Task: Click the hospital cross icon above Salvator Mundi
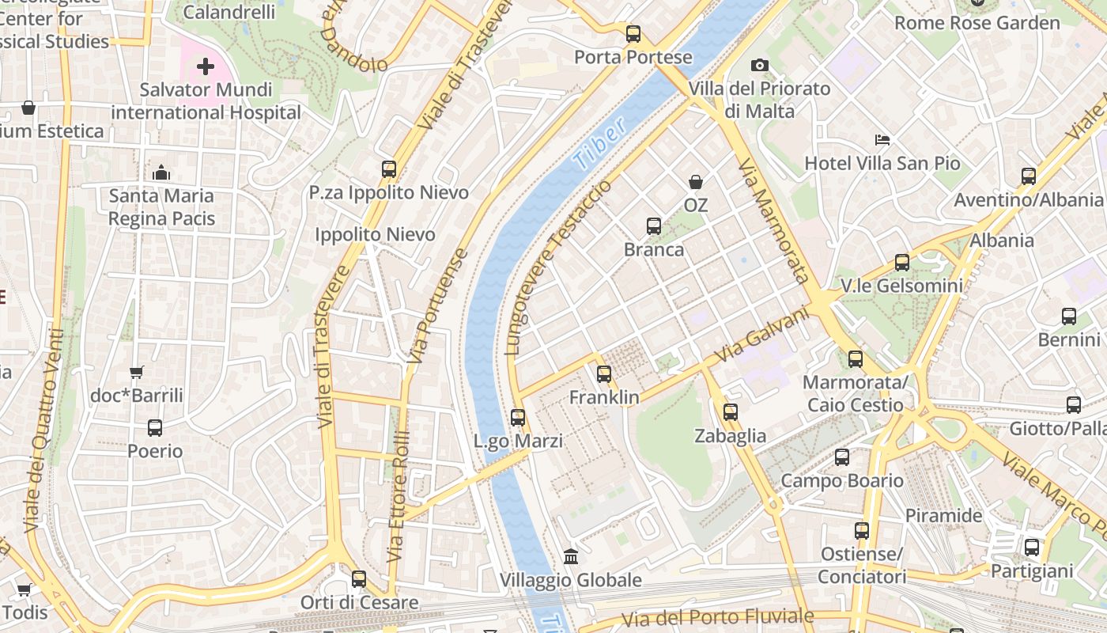tap(206, 66)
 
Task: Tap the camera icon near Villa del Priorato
tap(760, 65)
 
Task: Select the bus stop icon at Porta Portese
tap(633, 34)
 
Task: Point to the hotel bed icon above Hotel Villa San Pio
tap(882, 140)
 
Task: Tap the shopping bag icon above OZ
tap(696, 183)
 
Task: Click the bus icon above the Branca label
tap(654, 226)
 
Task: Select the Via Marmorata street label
tap(773, 220)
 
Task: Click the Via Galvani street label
tap(762, 336)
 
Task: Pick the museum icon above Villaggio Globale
tap(570, 556)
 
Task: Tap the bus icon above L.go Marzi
tap(518, 417)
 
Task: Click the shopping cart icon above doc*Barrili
tap(137, 372)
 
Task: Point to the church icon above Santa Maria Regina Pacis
tap(161, 172)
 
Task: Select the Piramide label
tap(943, 516)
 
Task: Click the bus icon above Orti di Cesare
tap(359, 579)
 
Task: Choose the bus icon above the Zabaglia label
tap(730, 412)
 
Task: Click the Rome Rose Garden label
tap(977, 23)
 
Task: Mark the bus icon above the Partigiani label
tap(1032, 548)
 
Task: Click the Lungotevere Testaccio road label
tap(558, 267)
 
